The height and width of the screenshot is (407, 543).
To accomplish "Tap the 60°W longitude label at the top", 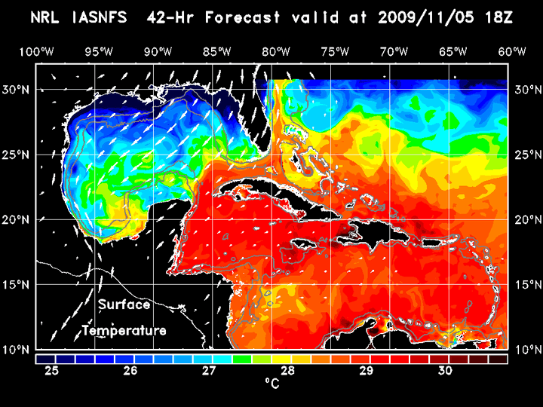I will coord(512,52).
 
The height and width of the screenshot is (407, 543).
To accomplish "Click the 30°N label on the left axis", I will coord(17,89).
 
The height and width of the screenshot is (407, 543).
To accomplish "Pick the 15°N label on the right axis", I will coord(526,285).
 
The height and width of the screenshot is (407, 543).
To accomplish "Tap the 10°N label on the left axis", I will coord(17,350).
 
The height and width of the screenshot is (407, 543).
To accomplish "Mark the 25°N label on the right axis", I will coord(526,155).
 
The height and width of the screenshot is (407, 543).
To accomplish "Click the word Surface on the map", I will coord(124,305).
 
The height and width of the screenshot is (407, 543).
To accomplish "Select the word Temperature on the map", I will coord(124,331).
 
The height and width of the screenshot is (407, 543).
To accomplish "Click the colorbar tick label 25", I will coord(53,371).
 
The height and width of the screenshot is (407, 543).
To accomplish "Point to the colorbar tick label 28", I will coord(288,371).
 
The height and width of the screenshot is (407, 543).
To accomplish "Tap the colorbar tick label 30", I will coord(445,371).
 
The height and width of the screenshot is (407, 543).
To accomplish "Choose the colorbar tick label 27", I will coord(210,371).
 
